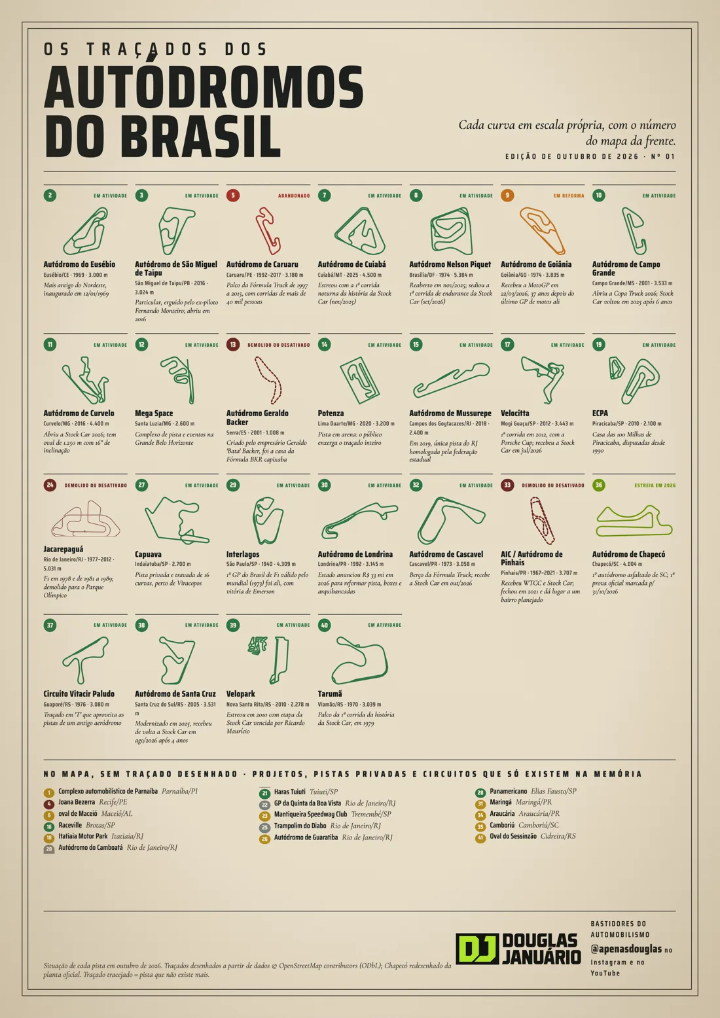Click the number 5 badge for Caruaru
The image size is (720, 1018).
[233, 196]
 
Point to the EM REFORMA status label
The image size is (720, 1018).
[569, 196]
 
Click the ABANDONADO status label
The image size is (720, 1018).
[294, 196]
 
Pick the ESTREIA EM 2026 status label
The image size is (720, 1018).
[655, 485]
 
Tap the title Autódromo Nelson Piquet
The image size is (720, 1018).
[450, 264]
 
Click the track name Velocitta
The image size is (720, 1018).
[515, 413]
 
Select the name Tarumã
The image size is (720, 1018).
[330, 693]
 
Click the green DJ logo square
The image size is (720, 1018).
[477, 949]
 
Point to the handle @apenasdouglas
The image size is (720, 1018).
[626, 949]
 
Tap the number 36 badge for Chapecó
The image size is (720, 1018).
[599, 485]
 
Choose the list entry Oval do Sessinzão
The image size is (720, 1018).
[513, 835]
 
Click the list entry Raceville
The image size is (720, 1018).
[70, 825]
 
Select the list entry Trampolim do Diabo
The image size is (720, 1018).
[300, 825]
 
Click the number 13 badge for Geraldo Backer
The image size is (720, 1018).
[233, 345]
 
